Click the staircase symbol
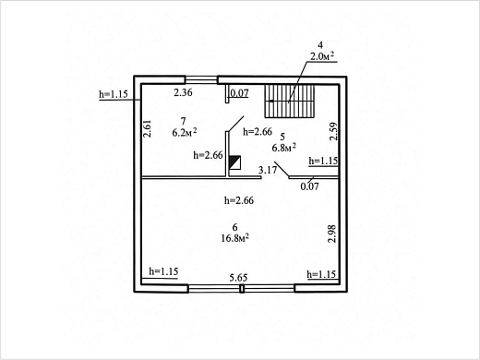click(290, 102)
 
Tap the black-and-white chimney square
click(235, 162)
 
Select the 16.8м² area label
click(235, 238)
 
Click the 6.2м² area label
click(185, 132)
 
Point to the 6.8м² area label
click(283, 148)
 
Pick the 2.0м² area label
click(322, 56)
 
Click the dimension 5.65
click(238, 278)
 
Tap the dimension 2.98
click(332, 234)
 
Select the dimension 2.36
click(183, 92)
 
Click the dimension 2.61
click(148, 128)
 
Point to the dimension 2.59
click(333, 132)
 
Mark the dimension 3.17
click(268, 170)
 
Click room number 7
click(184, 121)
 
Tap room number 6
click(235, 227)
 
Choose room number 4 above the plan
click(320, 45)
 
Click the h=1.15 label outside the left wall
click(114, 94)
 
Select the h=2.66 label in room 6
click(239, 200)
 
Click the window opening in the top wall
click(201, 80)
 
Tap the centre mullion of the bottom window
click(242, 289)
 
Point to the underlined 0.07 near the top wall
click(239, 93)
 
